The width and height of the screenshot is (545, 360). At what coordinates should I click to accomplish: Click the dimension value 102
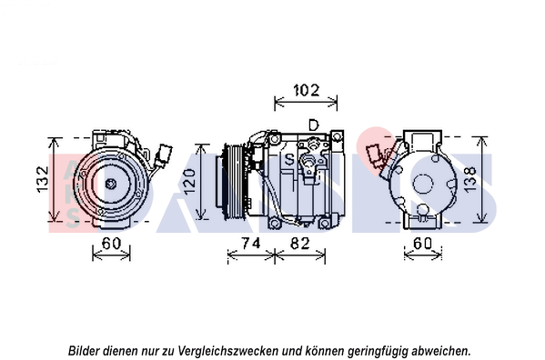tap(307, 90)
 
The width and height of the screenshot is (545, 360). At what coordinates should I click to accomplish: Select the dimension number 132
tap(43, 179)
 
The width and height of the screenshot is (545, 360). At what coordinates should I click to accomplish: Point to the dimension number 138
tap(469, 179)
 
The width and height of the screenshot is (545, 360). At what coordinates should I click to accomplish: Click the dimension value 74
tap(251, 243)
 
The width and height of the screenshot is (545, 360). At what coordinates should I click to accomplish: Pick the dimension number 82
tap(299, 244)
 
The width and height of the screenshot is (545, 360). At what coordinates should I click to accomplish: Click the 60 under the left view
tap(111, 243)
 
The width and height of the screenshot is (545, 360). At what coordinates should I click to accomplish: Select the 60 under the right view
tap(423, 243)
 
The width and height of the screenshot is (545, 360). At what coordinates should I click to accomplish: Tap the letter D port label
tap(314, 125)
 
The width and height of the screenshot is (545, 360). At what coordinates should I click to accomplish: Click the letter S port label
tap(289, 159)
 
